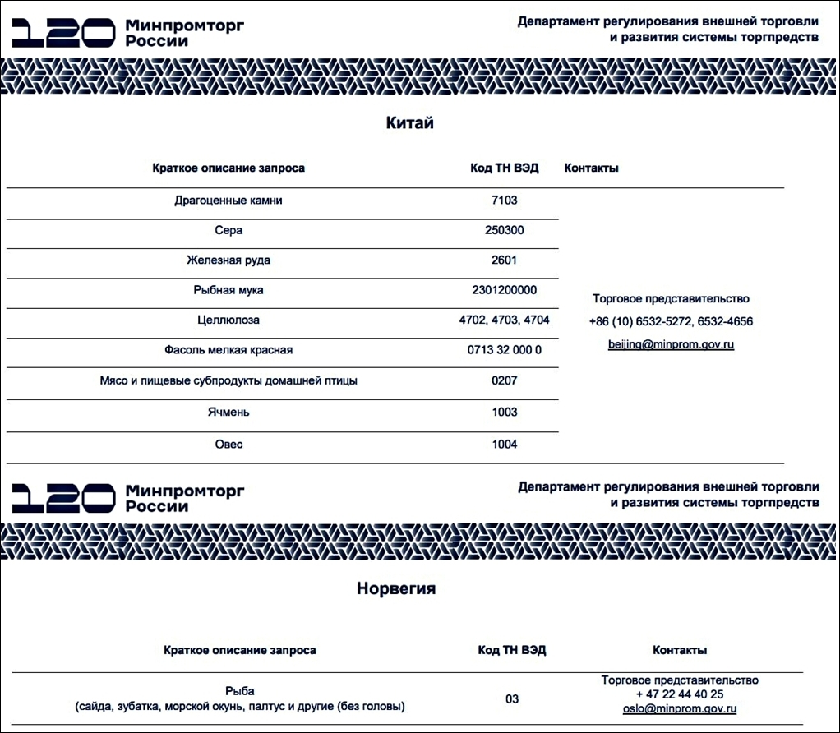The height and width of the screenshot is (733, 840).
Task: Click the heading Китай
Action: click(x=409, y=124)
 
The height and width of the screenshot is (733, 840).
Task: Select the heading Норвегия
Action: click(x=396, y=589)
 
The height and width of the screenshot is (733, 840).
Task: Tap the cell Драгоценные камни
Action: click(x=228, y=201)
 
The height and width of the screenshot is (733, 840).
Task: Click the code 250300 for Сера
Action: click(x=504, y=230)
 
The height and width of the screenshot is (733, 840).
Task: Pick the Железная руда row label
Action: click(x=228, y=260)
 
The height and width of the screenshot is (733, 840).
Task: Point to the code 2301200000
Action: click(x=504, y=290)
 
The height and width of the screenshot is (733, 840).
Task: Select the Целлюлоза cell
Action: click(x=228, y=320)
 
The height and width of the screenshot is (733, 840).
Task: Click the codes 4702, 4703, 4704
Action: click(x=504, y=320)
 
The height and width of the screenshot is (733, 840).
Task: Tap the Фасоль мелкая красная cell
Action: click(x=228, y=350)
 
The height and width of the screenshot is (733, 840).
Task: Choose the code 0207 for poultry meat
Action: click(x=504, y=380)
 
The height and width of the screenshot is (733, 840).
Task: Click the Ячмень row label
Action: click(x=228, y=412)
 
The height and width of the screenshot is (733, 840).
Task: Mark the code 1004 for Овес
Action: click(x=504, y=445)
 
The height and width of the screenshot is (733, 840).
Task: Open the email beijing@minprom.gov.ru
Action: click(x=671, y=344)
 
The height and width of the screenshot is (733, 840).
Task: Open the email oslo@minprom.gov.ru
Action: click(x=679, y=708)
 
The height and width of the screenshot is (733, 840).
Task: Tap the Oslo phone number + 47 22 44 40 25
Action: click(x=679, y=694)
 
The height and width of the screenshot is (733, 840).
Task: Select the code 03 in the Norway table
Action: click(x=512, y=699)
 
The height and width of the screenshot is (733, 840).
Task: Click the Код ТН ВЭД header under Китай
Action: click(x=504, y=168)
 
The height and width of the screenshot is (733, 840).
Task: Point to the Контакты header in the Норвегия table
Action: click(x=679, y=650)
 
